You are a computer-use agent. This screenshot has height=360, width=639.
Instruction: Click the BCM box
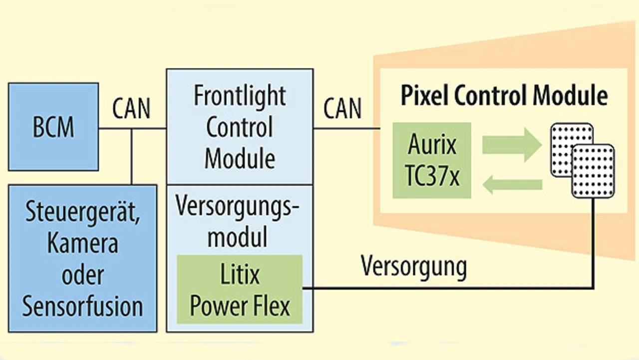click(53, 127)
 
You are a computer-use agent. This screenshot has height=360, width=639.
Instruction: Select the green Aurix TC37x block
click(432, 160)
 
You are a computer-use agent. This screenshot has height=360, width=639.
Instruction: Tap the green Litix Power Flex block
click(240, 290)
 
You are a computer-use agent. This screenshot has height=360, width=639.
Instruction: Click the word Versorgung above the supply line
click(414, 267)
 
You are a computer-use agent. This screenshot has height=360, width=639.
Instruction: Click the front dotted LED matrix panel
click(593, 171)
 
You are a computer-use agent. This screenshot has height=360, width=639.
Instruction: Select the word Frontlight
click(240, 95)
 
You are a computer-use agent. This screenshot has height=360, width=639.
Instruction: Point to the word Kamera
click(82, 245)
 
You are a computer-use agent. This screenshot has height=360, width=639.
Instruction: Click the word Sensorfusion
click(82, 306)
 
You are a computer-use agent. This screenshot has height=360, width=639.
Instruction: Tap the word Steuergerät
click(82, 214)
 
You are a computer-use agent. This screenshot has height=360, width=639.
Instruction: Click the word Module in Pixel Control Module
click(574, 95)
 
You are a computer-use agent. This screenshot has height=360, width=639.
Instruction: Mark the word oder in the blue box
click(82, 276)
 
